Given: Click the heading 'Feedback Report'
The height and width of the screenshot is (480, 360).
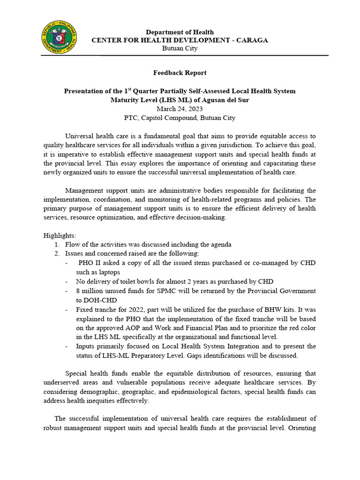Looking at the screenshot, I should click(x=180, y=73).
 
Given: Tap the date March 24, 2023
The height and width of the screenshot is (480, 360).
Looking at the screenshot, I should click(x=180, y=109).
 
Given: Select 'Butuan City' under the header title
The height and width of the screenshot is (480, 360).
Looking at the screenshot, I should click(x=180, y=48).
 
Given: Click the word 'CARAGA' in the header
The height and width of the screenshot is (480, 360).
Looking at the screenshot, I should click(x=250, y=40).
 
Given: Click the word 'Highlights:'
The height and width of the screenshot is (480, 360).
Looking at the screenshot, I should click(x=60, y=235).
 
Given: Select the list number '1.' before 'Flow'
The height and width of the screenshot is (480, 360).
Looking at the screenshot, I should click(x=56, y=245).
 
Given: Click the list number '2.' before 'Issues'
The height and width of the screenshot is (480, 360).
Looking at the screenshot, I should click(x=56, y=254).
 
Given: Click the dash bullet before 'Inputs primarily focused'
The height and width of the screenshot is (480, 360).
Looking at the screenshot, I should click(x=69, y=346).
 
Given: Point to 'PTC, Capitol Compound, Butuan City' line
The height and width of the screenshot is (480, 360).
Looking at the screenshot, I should click(x=180, y=118).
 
